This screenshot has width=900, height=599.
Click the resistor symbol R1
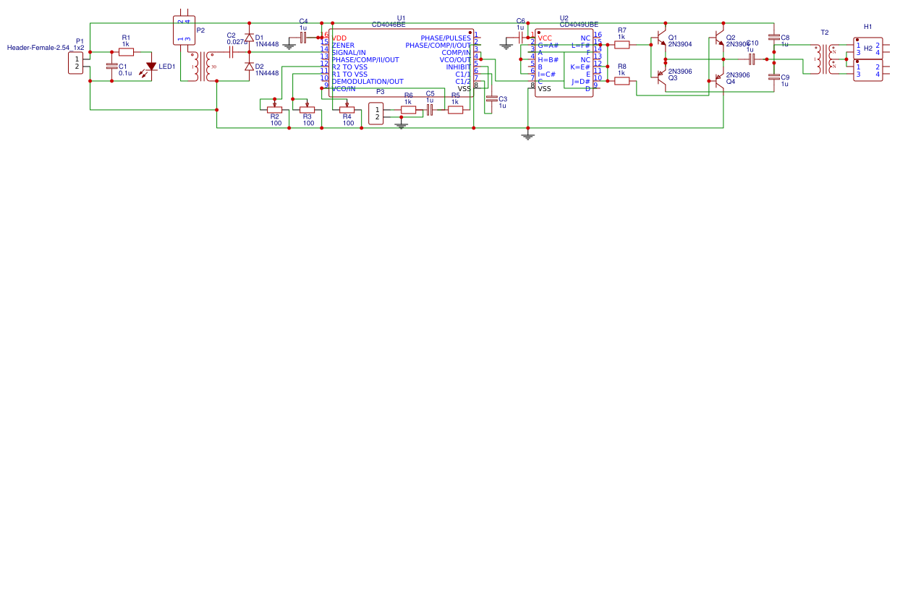(x=126, y=52)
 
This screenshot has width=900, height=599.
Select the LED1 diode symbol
(x=151, y=67)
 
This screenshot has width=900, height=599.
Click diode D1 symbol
(x=249, y=37)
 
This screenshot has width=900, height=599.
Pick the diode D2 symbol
(x=249, y=67)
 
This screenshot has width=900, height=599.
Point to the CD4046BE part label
(x=389, y=25)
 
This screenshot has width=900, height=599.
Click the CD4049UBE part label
(x=579, y=25)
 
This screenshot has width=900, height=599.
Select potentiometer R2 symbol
(x=274, y=109)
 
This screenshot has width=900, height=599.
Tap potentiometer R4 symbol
(x=347, y=109)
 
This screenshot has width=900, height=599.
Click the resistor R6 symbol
(x=408, y=110)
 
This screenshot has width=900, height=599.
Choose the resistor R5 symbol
(x=455, y=110)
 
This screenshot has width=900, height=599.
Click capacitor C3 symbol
(x=492, y=98)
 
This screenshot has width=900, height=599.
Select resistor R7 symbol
(x=621, y=44)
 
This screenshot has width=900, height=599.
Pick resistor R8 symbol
(x=621, y=81)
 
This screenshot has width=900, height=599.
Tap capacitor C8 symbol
(x=774, y=37)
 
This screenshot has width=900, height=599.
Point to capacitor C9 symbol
(x=774, y=77)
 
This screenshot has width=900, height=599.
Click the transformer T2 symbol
(x=824, y=59)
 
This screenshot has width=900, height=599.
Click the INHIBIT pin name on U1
(x=458, y=67)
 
